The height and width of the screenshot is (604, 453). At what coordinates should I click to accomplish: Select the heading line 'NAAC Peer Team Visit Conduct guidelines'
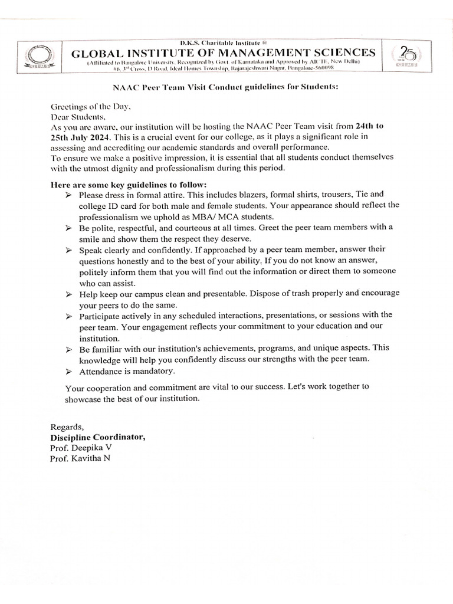click(x=226, y=87)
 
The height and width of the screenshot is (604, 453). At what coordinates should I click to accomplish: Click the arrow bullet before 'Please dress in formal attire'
click(x=68, y=194)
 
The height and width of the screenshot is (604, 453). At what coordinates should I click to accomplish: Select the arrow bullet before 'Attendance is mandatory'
click(x=68, y=372)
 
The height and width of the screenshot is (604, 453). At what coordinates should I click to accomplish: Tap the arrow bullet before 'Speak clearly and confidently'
click(x=68, y=250)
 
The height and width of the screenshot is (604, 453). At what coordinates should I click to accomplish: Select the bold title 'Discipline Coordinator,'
click(x=97, y=438)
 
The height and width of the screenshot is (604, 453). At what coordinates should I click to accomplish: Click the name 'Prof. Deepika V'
click(x=81, y=448)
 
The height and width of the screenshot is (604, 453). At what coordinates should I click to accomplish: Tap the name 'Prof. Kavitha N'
click(x=80, y=459)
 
